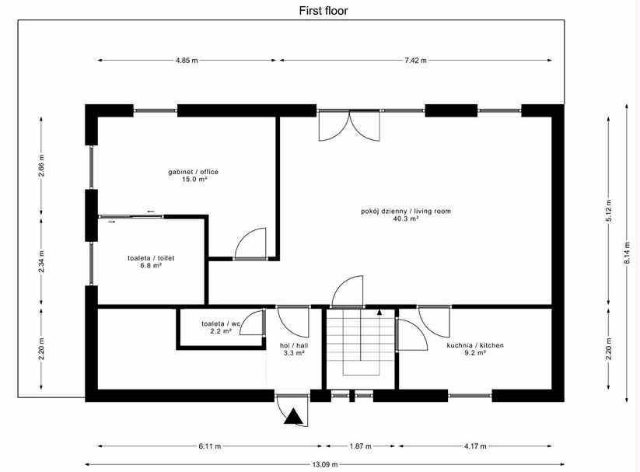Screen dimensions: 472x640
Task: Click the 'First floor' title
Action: click(323, 11)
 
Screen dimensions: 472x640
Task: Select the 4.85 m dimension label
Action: click(187, 60)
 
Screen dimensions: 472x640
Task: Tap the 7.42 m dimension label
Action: click(415, 60)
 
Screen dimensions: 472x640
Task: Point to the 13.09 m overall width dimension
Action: click(321, 466)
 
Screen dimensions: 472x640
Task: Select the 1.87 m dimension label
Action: click(359, 446)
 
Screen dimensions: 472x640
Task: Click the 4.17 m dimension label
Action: click(474, 446)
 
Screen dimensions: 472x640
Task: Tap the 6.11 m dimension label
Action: click(209, 446)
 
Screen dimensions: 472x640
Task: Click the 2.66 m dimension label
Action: click(42, 168)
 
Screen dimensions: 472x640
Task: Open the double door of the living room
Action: click(349, 125)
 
